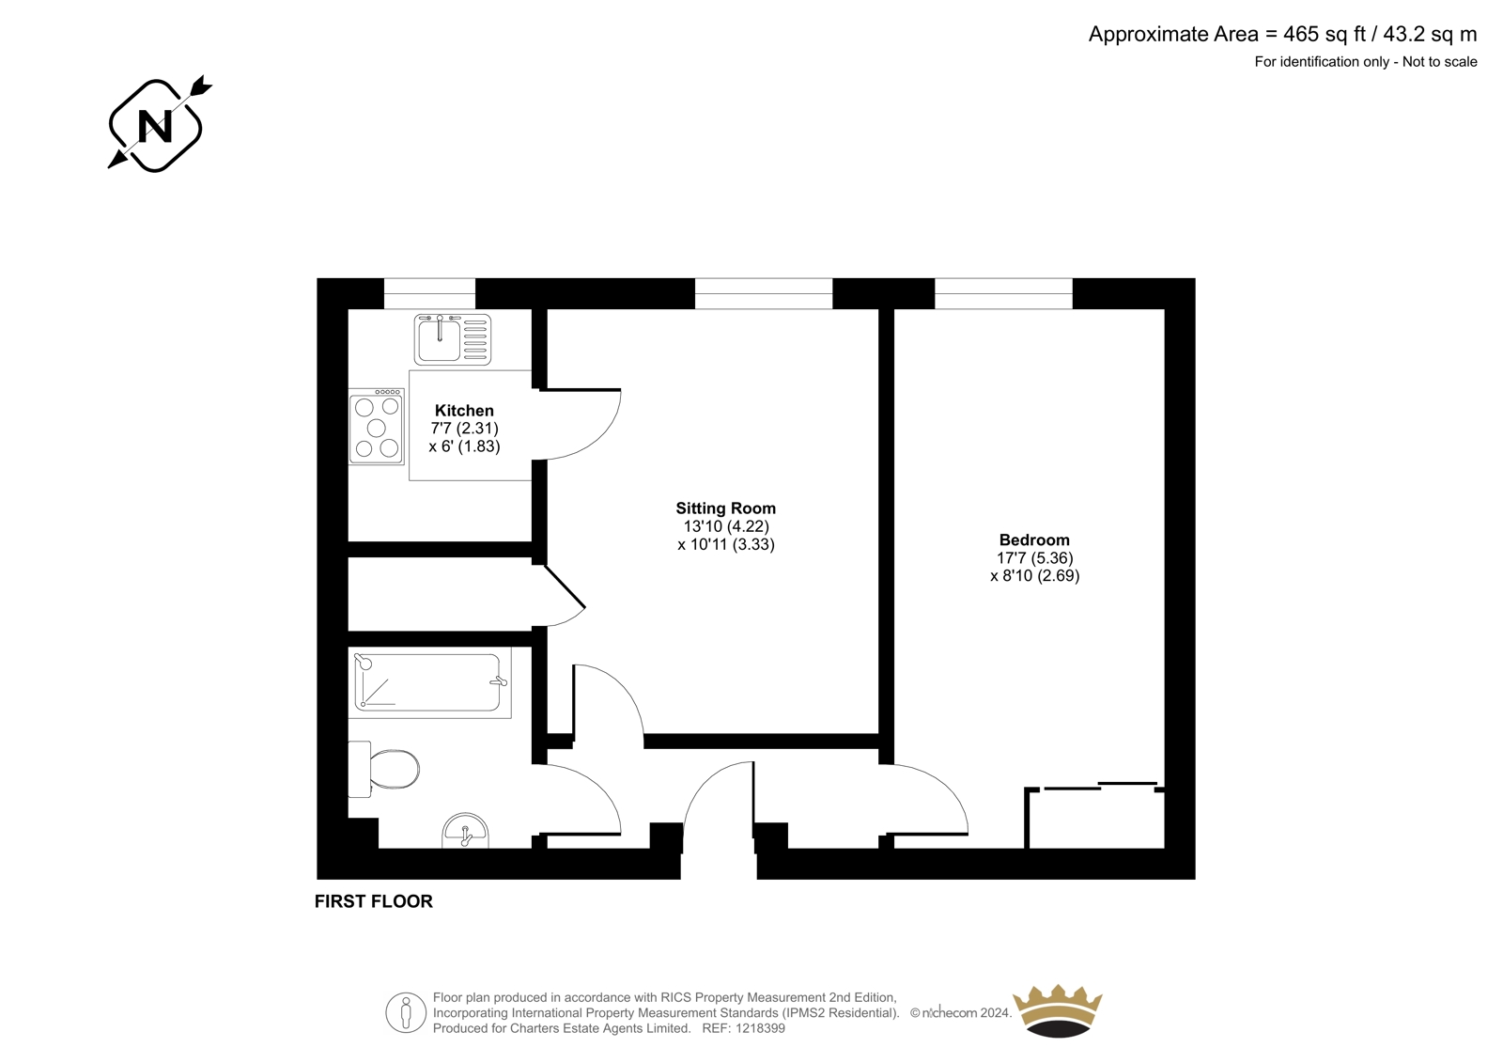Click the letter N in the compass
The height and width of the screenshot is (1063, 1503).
(155, 126)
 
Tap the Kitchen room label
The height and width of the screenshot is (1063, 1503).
(464, 411)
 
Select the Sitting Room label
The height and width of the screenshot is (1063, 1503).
(725, 508)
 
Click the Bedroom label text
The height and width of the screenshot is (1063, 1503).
(1034, 539)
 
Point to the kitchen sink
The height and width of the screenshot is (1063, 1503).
(453, 339)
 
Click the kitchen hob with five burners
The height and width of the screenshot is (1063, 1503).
(377, 427)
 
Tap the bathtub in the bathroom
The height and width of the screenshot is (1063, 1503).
(429, 681)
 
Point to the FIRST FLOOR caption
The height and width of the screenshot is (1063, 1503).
(374, 901)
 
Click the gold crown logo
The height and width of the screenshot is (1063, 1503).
(1058, 1011)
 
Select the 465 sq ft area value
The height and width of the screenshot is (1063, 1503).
(1325, 34)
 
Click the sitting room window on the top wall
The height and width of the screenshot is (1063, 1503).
(764, 293)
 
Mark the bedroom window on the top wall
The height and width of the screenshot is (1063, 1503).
(1004, 293)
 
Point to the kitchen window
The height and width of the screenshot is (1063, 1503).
(429, 293)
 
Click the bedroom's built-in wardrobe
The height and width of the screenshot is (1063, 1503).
(1094, 817)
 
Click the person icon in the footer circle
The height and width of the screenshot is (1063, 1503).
(405, 1012)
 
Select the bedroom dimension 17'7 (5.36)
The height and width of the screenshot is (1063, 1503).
(1034, 558)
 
